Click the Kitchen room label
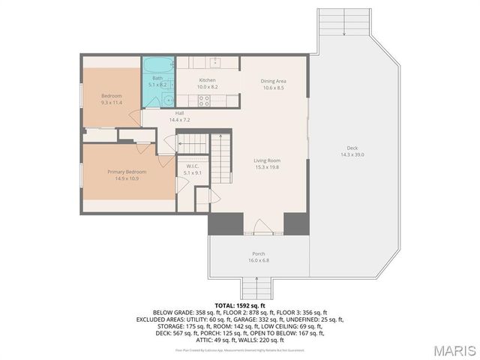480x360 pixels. tap(207, 80)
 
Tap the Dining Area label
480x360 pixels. tap(273, 81)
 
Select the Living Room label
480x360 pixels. tap(266, 160)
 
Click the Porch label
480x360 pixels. tap(258, 254)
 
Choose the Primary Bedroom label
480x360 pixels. tap(127, 172)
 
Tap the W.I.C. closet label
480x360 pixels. tap(193, 166)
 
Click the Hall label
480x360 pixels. tap(180, 113)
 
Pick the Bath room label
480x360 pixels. tap(157, 78)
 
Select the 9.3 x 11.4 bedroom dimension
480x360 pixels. tap(112, 102)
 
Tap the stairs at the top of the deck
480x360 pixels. tap(344, 22)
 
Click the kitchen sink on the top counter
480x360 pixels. tap(214, 61)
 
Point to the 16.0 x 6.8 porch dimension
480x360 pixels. tap(258, 261)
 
